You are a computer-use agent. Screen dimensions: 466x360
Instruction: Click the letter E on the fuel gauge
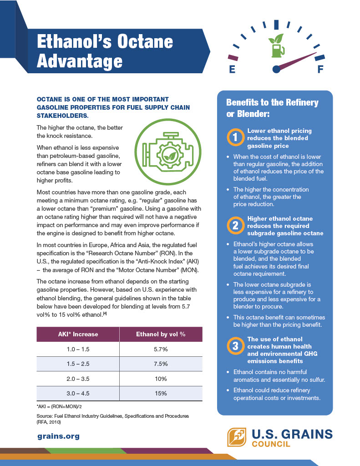tap(232, 70)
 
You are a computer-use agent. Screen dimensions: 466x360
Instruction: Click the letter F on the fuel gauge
tap(320, 69)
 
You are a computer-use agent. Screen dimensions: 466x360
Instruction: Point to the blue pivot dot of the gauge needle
tap(275, 69)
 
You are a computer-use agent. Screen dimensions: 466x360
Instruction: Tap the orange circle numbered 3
tap(236, 346)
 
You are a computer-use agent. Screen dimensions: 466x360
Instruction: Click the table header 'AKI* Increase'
tap(78, 334)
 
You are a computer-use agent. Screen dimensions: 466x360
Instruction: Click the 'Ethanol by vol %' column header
tap(161, 334)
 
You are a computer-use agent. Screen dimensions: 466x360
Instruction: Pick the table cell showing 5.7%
tap(161, 349)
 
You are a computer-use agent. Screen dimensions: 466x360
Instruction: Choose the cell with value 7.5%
tap(161, 364)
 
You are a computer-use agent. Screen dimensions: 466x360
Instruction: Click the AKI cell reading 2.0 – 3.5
tap(78, 378)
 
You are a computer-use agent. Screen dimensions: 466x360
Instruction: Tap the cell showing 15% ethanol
tap(161, 393)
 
